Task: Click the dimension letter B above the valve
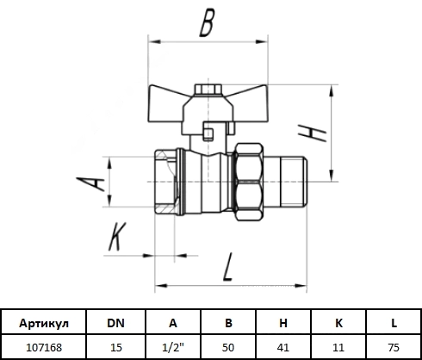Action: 207,23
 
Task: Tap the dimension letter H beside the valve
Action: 313,133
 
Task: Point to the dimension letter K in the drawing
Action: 117,236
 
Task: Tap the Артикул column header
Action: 44,323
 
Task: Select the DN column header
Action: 115,323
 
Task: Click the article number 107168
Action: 44,347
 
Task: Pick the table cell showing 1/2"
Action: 173,347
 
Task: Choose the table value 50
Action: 228,347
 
